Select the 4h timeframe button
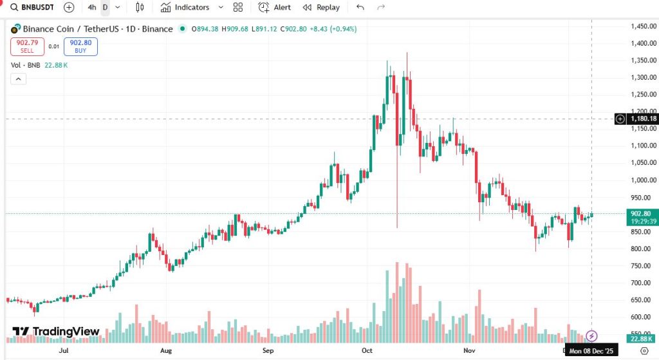pos(92,7)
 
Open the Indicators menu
pos(185,7)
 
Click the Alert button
pos(275,7)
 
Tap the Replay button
pos(321,7)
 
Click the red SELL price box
pos(26,46)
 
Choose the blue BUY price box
pos(80,46)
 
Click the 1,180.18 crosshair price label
pos(643,118)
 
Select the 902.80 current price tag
pos(643,214)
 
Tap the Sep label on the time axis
pos(268,351)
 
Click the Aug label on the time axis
pos(166,351)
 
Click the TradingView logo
pos(57,332)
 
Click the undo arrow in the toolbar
pos(360,7)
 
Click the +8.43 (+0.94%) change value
pos(333,29)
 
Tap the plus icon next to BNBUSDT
pos(69,7)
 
